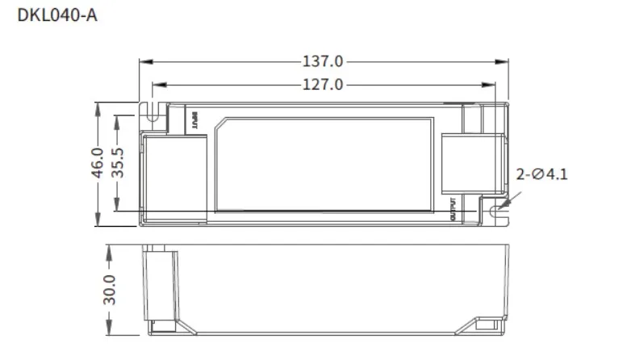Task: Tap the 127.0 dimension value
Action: (x=323, y=83)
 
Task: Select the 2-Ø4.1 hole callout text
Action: (x=542, y=173)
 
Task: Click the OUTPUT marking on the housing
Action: (x=453, y=209)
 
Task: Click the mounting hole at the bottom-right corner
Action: (x=496, y=211)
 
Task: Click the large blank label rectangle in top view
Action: (x=326, y=164)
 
